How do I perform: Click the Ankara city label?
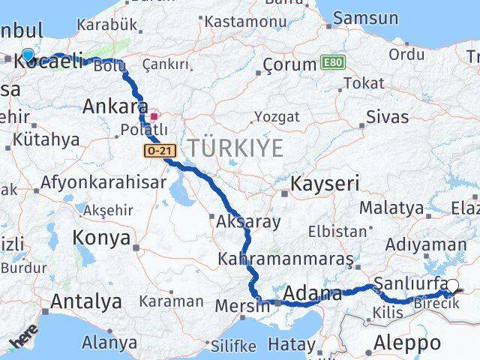(115, 106)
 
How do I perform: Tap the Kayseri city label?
(325, 183)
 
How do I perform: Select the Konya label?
(100, 238)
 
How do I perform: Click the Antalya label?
(85, 302)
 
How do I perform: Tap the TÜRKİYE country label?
(235, 148)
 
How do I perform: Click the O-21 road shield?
(160, 151)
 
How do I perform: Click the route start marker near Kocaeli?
(28, 55)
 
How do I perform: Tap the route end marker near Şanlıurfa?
(452, 285)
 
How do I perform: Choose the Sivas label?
(388, 117)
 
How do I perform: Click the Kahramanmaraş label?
(285, 259)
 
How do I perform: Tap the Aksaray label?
(248, 222)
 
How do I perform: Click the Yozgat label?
(277, 117)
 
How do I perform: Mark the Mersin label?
(241, 306)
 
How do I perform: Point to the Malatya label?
(391, 208)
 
